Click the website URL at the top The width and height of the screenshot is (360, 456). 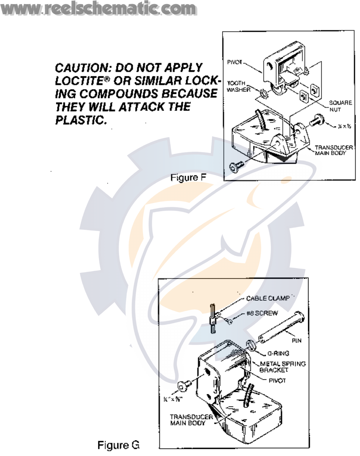click(x=98, y=9)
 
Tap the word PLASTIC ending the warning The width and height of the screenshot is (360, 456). click(x=81, y=120)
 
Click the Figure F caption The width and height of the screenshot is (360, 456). click(x=188, y=177)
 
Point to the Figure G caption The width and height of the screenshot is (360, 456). click(x=118, y=445)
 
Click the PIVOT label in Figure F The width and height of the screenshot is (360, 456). click(x=234, y=62)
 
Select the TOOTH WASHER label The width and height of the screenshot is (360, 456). click(x=238, y=86)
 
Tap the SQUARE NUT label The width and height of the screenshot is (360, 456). click(x=340, y=106)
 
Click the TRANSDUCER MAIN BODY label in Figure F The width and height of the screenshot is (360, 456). click(x=333, y=150)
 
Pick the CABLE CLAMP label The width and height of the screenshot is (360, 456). click(x=268, y=298)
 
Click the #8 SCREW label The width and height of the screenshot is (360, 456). click(x=262, y=313)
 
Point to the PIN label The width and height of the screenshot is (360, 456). click(x=296, y=340)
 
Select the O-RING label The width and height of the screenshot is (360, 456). click(x=278, y=353)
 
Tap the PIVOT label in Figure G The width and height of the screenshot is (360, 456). click(x=277, y=380)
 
